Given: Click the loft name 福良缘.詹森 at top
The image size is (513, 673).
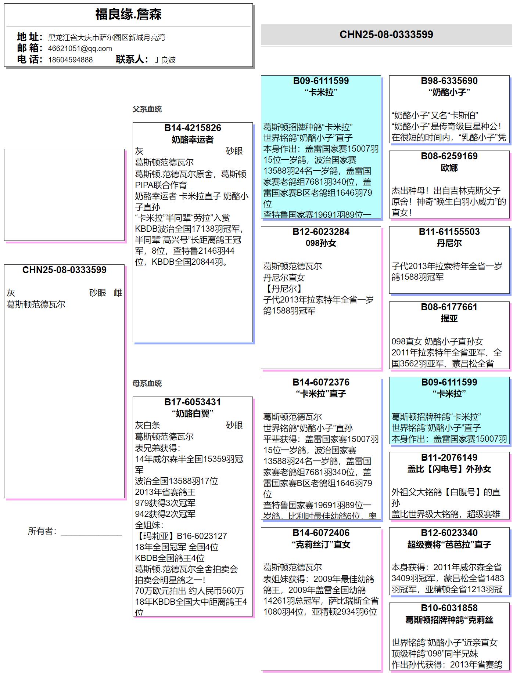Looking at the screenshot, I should pyautogui.click(x=128, y=15).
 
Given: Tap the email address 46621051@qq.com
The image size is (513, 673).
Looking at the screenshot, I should pyautogui.click(x=80, y=48).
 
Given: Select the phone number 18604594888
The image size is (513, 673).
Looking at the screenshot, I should pyautogui.click(x=70, y=60).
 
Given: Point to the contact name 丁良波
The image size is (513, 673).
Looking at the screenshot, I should pyautogui.click(x=164, y=60).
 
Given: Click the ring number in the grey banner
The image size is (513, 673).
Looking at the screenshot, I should pyautogui.click(x=386, y=35).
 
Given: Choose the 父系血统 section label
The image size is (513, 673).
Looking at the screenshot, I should pyautogui.click(x=147, y=109).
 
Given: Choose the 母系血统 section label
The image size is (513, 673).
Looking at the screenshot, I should pyautogui.click(x=147, y=383).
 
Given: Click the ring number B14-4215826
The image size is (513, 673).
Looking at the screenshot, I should pyautogui.click(x=193, y=128).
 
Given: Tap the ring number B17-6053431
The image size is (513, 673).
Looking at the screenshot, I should pyautogui.click(x=193, y=402).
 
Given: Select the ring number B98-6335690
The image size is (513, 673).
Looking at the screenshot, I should pyautogui.click(x=449, y=81).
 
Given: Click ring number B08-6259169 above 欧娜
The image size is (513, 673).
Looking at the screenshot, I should pyautogui.click(x=449, y=156).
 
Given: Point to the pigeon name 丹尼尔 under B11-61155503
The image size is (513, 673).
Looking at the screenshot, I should pyautogui.click(x=449, y=243).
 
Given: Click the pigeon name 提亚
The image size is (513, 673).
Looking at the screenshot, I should pyautogui.click(x=449, y=318).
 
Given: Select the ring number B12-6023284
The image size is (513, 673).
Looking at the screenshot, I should pyautogui.click(x=321, y=232).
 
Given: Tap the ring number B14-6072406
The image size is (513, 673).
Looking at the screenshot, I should pyautogui.click(x=321, y=533).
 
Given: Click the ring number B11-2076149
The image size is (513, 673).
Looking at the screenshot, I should pyautogui.click(x=449, y=458).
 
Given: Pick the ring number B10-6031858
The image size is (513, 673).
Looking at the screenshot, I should pyautogui.click(x=449, y=608).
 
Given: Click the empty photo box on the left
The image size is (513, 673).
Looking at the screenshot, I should pyautogui.click(x=64, y=195).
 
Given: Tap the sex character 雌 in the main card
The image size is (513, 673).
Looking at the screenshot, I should pyautogui.click(x=118, y=293).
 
